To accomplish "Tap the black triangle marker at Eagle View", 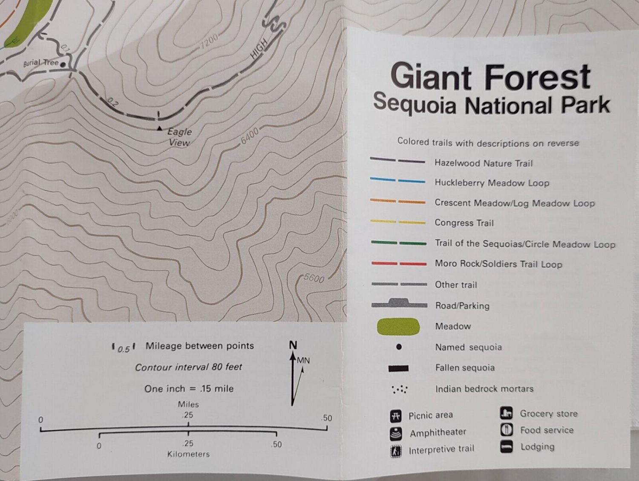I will click(159, 128).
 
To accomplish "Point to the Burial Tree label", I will click(40, 63).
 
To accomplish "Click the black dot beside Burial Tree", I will click(63, 64).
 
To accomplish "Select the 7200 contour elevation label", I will click(209, 41).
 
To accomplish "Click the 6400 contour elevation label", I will click(250, 136).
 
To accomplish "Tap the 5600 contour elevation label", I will click(314, 278).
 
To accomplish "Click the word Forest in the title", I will click(537, 77).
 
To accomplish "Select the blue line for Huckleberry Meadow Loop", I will click(397, 181).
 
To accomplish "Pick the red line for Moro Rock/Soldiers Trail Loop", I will click(399, 264).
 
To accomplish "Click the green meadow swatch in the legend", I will click(398, 327).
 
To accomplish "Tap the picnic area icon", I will click(396, 415).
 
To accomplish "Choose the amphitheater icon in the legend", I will click(396, 433).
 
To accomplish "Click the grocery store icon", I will click(506, 413).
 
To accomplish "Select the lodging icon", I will click(506, 447).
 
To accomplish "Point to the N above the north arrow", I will click(293, 345).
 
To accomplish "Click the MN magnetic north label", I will click(303, 360).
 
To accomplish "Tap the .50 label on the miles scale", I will click(327, 418).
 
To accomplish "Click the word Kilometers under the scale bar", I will click(188, 454).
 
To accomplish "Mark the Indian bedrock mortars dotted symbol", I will click(399, 389).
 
